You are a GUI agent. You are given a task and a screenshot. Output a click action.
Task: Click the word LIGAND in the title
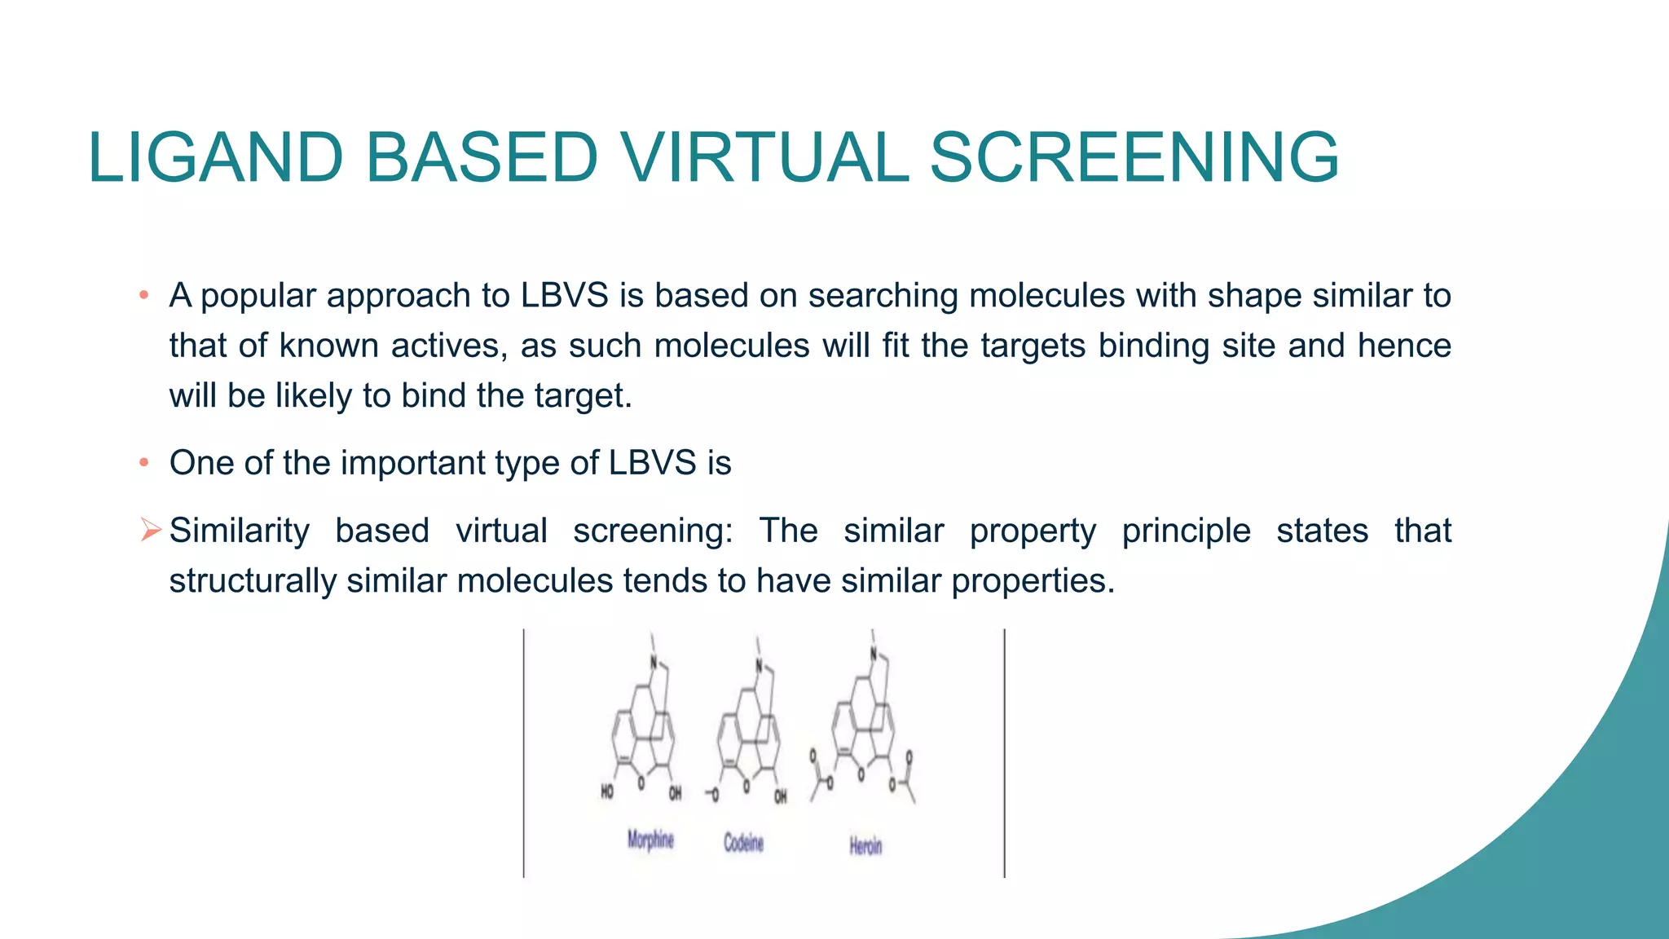(216, 157)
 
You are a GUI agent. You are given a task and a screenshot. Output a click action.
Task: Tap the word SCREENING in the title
(1134, 157)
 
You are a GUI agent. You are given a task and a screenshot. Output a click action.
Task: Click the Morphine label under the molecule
(650, 839)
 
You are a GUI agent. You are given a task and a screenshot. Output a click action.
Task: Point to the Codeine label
(743, 843)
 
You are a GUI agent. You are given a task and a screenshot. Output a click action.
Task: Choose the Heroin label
(865, 846)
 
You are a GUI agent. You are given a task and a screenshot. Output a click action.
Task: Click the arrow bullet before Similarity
(150, 530)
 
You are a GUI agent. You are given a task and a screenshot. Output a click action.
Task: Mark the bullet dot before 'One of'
(143, 463)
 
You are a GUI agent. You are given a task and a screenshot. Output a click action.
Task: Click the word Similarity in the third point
(239, 531)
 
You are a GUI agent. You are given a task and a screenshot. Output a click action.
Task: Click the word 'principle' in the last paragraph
(1186, 531)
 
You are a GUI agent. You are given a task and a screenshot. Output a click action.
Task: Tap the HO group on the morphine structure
(607, 791)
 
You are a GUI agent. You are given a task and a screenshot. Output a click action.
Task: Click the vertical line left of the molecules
(524, 753)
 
